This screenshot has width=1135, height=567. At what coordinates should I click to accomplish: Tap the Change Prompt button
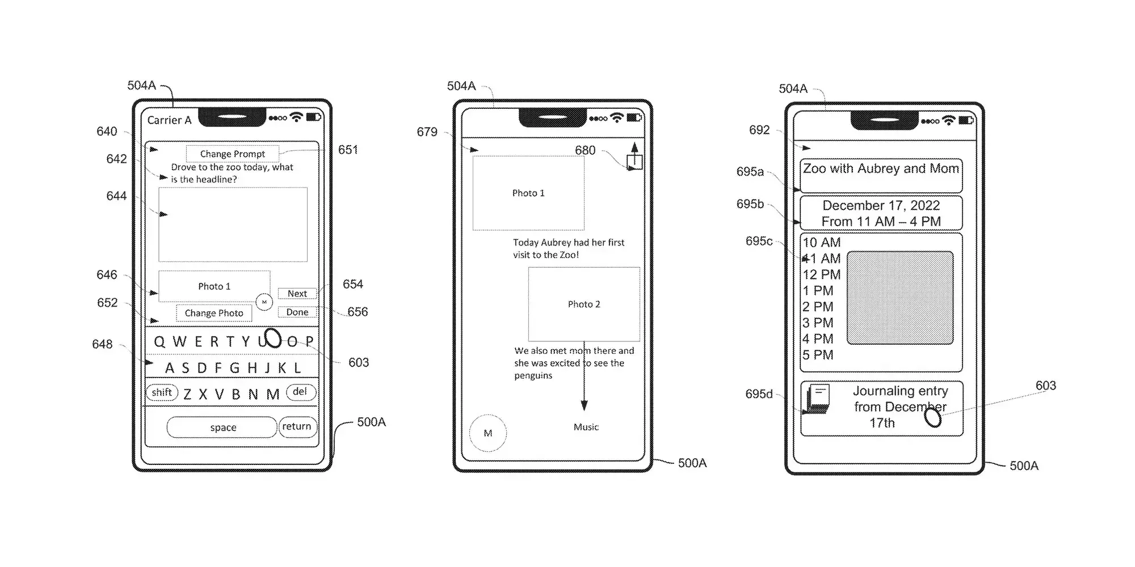tap(232, 154)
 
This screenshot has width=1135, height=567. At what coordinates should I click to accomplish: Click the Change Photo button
tap(214, 313)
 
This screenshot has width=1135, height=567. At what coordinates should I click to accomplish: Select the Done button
tap(297, 312)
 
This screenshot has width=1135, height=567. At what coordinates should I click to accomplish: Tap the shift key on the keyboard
tap(162, 392)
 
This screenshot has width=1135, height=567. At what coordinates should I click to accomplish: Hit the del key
tap(300, 392)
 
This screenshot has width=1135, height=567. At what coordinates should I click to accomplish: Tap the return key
tap(297, 426)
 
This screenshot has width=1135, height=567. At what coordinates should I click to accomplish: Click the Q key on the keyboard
tap(159, 342)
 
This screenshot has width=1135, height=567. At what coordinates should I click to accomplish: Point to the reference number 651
tap(348, 150)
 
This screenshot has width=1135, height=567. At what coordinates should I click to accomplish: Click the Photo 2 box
tap(584, 304)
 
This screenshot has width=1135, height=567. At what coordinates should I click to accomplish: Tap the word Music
tap(586, 427)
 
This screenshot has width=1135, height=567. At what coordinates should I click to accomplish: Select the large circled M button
tap(488, 433)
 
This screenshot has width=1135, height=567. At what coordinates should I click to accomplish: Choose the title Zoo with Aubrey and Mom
tap(881, 169)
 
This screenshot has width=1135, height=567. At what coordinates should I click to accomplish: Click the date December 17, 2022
tap(881, 206)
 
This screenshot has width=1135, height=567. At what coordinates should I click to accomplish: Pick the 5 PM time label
tap(818, 356)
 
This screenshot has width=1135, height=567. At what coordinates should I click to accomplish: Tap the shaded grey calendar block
tap(899, 298)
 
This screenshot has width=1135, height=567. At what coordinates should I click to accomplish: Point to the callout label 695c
tap(759, 241)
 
